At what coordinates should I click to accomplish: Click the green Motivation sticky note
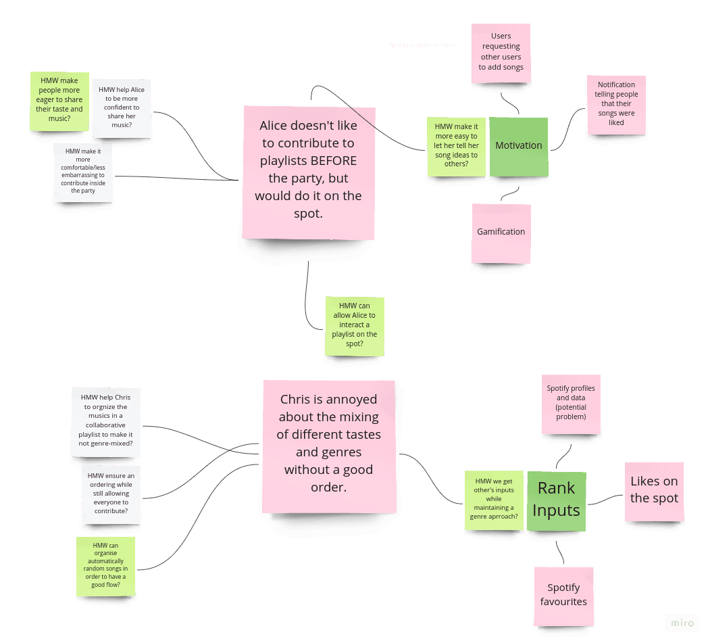point(518,146)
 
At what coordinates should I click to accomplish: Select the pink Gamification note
point(501,233)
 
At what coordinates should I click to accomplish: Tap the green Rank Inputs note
point(556,500)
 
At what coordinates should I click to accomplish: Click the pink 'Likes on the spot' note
point(653,491)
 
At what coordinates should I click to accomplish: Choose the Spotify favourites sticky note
point(563,595)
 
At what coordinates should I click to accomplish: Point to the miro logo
point(682,623)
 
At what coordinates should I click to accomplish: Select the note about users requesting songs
point(501,53)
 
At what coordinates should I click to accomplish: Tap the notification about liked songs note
point(616,104)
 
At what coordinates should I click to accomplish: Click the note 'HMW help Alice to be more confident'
point(121,108)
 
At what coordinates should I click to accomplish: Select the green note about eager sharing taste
point(59,101)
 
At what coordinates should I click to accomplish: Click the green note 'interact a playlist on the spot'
point(354,325)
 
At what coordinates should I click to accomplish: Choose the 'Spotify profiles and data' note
point(571,404)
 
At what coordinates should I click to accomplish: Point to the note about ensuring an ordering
point(111,494)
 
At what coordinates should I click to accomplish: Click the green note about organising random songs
point(105,566)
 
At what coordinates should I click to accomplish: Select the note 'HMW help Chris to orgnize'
point(105,421)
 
